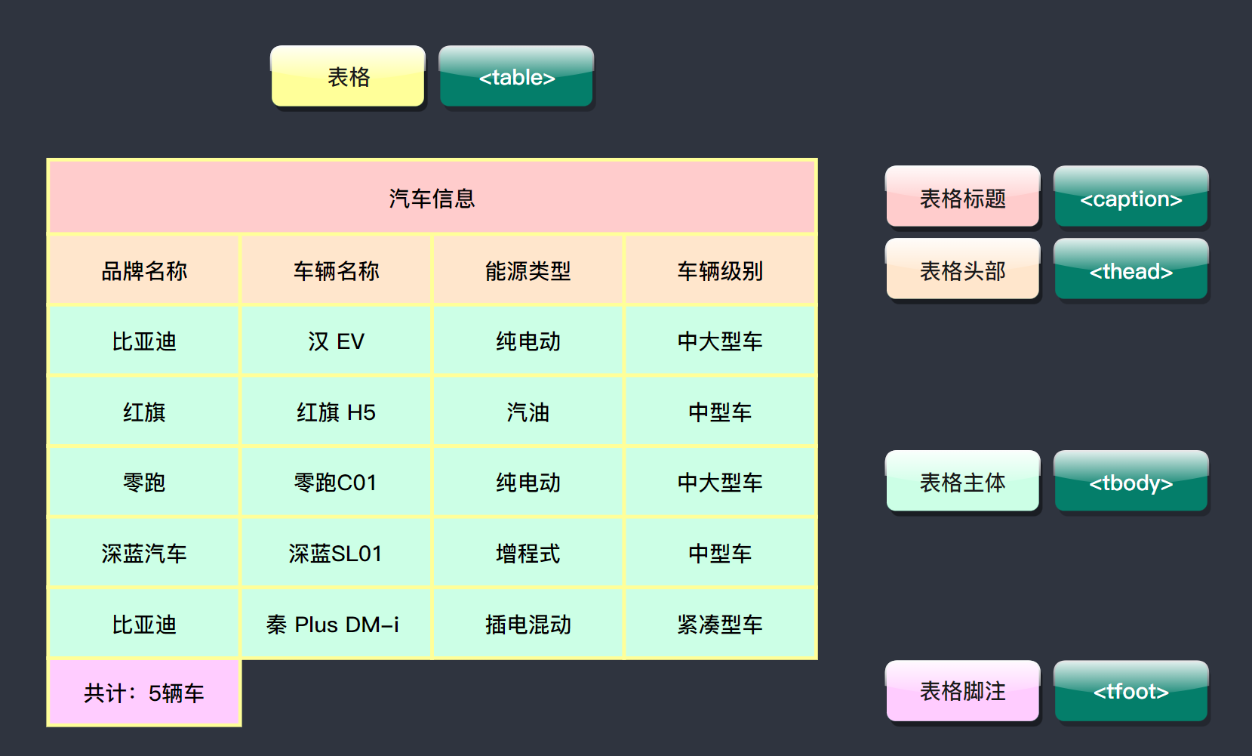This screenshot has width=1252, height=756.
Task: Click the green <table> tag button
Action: pyautogui.click(x=516, y=77)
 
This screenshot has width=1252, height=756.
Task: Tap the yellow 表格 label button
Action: pyautogui.click(x=348, y=77)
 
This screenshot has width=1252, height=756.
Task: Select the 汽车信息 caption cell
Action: pyautogui.click(x=432, y=198)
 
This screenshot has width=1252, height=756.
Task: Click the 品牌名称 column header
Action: pyautogui.click(x=144, y=270)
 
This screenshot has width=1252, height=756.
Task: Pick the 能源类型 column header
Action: pyautogui.click(x=528, y=270)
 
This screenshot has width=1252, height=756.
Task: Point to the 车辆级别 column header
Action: pyautogui.click(x=720, y=270)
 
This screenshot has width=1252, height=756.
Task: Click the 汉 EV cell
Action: pyautogui.click(x=336, y=341)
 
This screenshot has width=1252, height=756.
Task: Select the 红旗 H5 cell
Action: pyautogui.click(x=336, y=412)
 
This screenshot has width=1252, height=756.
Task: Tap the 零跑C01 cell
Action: pyautogui.click(x=336, y=483)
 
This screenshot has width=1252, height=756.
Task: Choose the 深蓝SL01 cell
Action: pyautogui.click(x=336, y=554)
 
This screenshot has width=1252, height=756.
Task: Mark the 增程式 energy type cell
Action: pyautogui.click(x=528, y=554)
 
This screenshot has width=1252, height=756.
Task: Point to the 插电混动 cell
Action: pyautogui.click(x=528, y=625)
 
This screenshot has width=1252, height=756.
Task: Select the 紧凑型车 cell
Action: pyautogui.click(x=720, y=625)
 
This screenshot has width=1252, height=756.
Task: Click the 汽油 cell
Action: pyautogui.click(x=528, y=412)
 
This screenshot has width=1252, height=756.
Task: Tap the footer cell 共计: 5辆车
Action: pyautogui.click(x=144, y=693)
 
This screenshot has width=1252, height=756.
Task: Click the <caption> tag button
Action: pyautogui.click(x=1130, y=198)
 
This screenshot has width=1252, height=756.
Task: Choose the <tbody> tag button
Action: pyautogui.click(x=1130, y=482)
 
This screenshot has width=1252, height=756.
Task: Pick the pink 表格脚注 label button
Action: pyautogui.click(x=962, y=691)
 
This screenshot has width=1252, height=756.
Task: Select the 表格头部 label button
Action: pyautogui.click(x=962, y=270)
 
